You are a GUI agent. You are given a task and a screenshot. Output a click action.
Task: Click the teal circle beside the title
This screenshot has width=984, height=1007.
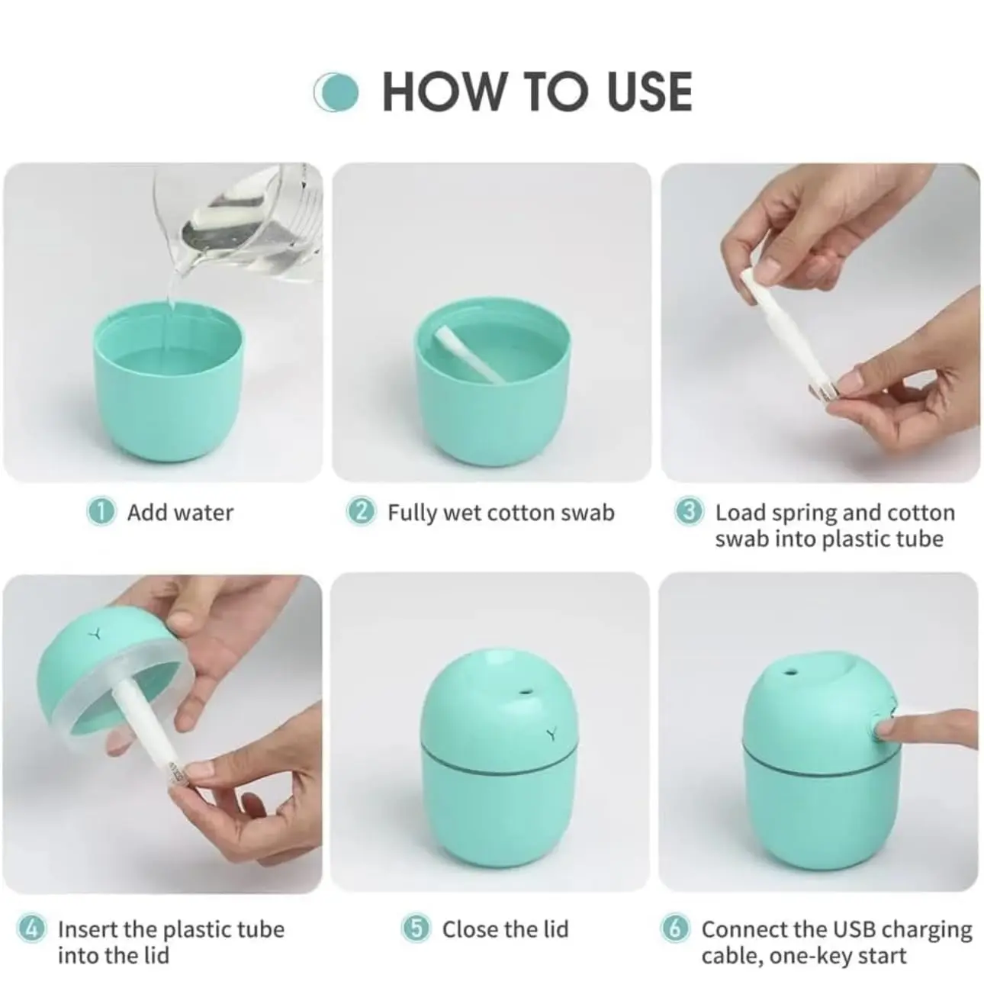pos(336,92)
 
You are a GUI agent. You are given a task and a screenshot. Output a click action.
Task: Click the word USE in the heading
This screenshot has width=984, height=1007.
pos(649,92)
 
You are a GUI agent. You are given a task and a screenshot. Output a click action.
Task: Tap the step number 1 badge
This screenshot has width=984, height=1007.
pos(100,512)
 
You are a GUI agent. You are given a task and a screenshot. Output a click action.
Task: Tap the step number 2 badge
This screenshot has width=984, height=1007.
pos(361,512)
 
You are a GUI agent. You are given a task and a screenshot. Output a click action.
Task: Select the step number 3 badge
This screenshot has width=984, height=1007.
pos(689,512)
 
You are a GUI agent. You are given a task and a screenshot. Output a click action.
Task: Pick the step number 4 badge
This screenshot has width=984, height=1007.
pos(31,929)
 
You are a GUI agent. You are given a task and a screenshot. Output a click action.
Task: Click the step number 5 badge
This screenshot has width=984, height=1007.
pos(416,929)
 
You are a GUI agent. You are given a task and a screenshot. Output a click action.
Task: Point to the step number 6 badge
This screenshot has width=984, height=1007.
pos(675,929)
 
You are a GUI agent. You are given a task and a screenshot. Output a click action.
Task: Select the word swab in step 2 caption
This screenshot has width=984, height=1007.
pos(587,513)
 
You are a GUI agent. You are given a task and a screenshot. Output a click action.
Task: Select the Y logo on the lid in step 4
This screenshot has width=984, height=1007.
pos(96,632)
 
